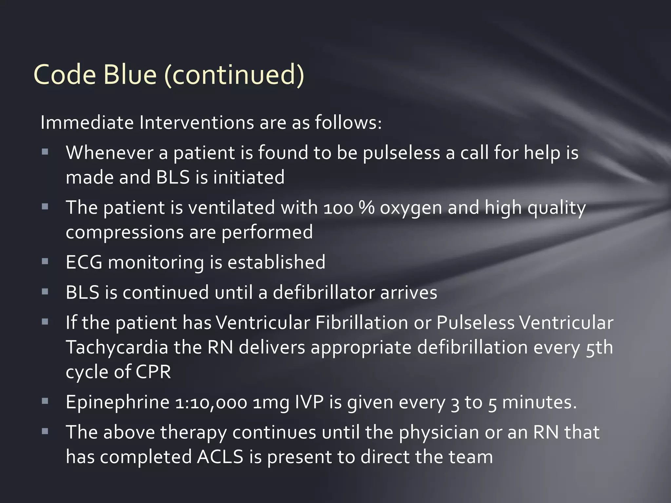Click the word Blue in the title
130,75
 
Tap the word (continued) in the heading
234,75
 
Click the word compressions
124,233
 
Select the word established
276,262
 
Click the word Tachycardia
117,347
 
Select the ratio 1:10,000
211,402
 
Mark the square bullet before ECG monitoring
45,261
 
